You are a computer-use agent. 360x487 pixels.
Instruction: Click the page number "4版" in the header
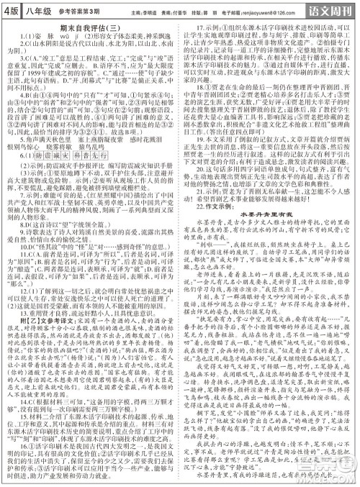(x=11, y=9)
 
